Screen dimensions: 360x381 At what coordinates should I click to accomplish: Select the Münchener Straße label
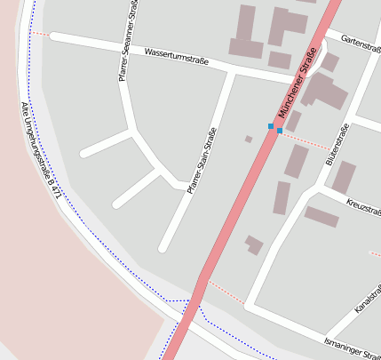click(298, 83)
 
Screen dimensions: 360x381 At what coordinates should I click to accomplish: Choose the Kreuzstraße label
click(362, 207)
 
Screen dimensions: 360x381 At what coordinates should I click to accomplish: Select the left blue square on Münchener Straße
click(271, 126)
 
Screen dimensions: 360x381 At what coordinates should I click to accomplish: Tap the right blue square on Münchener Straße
click(280, 131)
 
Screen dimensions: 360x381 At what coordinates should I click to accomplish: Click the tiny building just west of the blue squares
click(249, 139)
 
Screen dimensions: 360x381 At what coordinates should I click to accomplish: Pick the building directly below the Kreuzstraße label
click(321, 216)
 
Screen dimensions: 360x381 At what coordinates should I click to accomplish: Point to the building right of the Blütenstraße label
click(344, 177)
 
